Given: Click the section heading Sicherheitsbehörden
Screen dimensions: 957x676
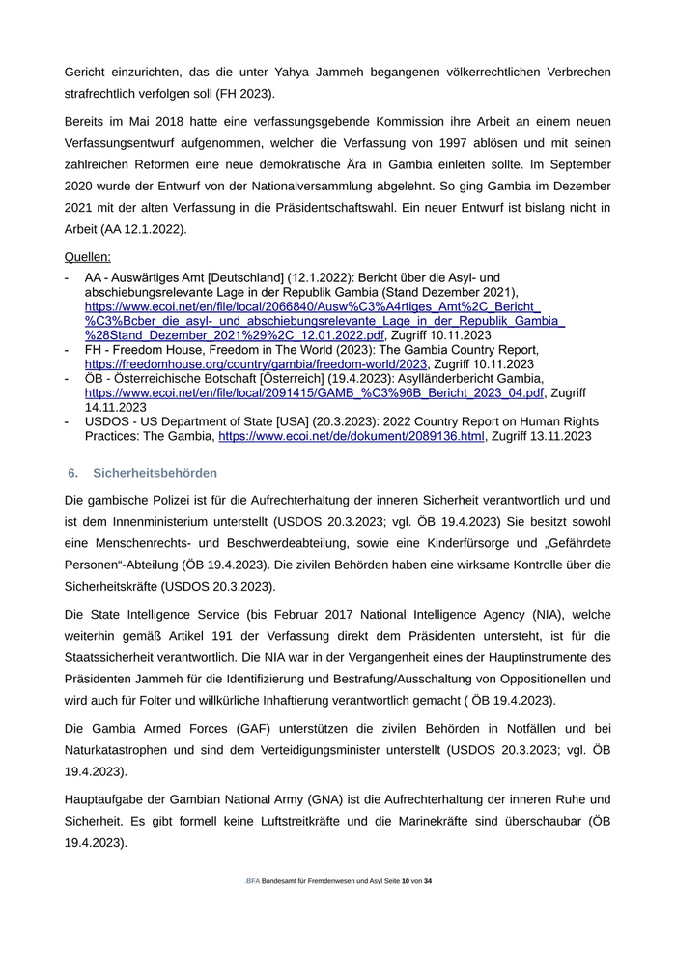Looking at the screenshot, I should [155, 473].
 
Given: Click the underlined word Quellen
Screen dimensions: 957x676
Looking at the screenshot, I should [87, 257].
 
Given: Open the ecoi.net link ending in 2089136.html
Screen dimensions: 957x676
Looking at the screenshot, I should [352, 437].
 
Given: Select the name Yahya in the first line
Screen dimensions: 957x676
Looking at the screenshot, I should [323, 72].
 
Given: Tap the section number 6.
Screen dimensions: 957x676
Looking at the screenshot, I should [72, 473].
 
